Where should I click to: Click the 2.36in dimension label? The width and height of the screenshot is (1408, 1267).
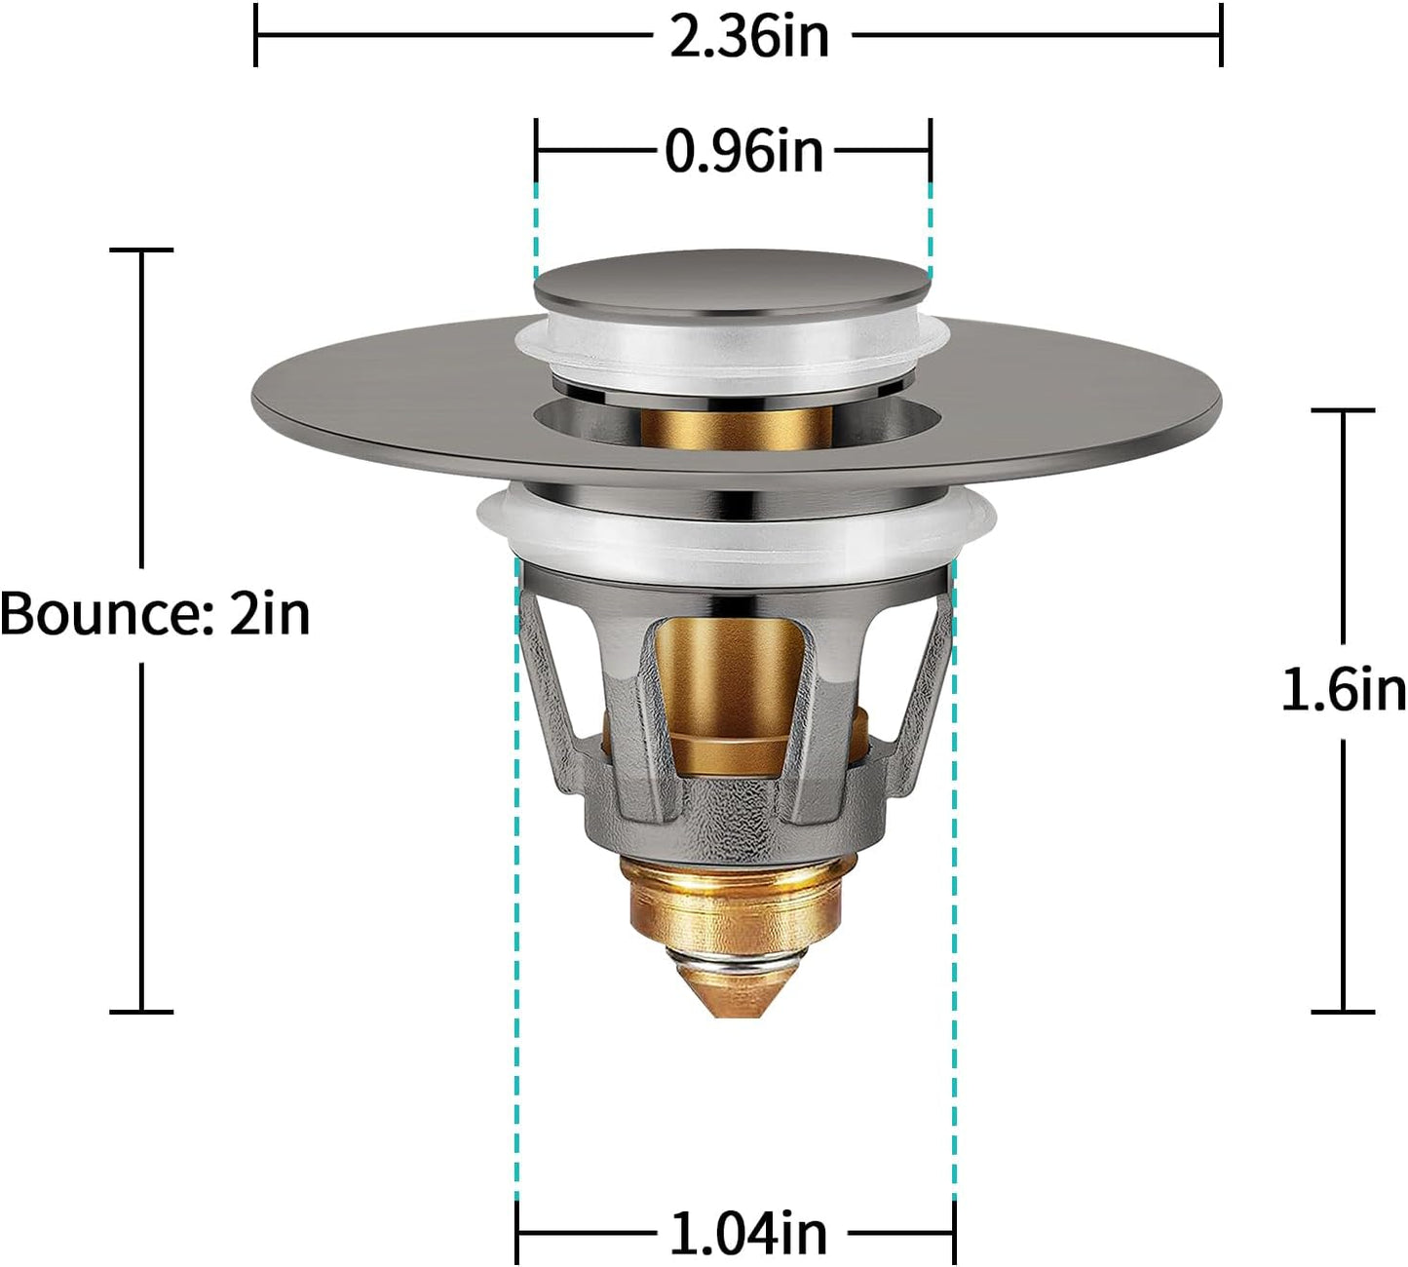[x=748, y=36]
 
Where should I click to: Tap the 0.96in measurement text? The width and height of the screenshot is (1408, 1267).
[x=743, y=151]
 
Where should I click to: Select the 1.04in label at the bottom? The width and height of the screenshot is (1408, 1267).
[x=747, y=1233]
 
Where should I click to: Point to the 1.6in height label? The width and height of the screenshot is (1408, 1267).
[x=1343, y=690]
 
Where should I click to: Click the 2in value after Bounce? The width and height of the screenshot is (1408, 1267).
[x=270, y=614]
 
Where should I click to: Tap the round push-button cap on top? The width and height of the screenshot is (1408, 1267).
[x=731, y=280]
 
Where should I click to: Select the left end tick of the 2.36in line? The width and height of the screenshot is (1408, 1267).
[x=255, y=35]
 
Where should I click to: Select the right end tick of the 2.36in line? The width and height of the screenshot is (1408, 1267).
[x=1221, y=35]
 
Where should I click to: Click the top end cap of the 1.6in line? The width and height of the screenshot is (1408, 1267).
[x=1343, y=410]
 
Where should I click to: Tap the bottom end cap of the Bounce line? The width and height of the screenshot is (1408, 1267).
[x=141, y=1012]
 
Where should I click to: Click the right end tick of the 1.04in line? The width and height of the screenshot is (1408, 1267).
[x=954, y=1233]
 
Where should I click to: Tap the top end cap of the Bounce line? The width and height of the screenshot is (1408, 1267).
[x=141, y=250]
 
